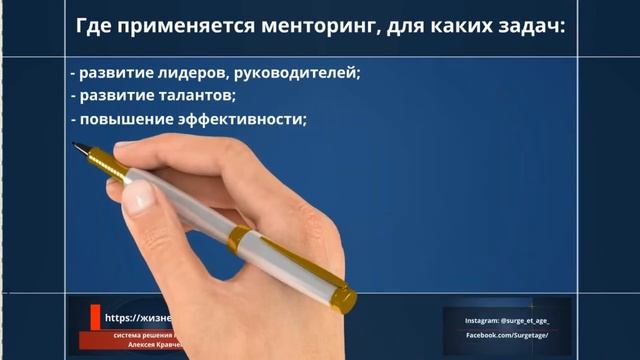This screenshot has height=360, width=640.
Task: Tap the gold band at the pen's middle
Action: (x=240, y=238)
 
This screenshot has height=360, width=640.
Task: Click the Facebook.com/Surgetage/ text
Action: (x=507, y=339)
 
